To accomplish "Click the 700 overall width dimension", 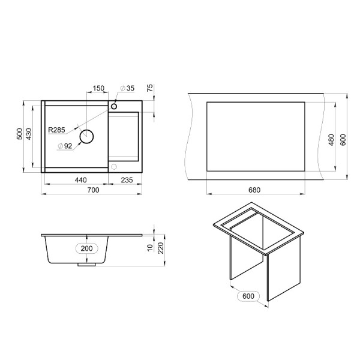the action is pyautogui.click(x=94, y=190).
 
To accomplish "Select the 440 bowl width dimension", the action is pyautogui.click(x=81, y=180).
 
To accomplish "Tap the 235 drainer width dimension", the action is pyautogui.click(x=127, y=180).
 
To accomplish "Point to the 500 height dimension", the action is pyautogui.click(x=20, y=134).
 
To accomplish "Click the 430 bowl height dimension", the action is pyautogui.click(x=29, y=134).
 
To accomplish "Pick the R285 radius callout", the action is pyautogui.click(x=56, y=130).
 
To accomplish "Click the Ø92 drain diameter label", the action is pyautogui.click(x=65, y=146).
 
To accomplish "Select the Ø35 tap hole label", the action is pyautogui.click(x=127, y=88).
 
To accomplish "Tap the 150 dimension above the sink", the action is pyautogui.click(x=98, y=88).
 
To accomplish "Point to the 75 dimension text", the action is pyautogui.click(x=149, y=88).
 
